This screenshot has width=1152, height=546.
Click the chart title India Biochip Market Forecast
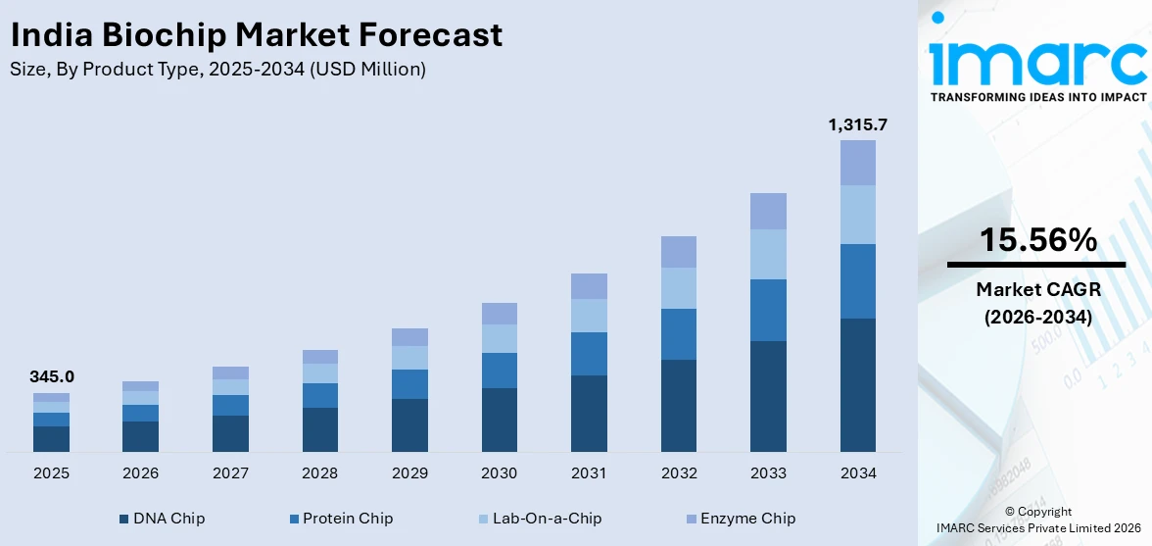pyautogui.click(x=256, y=35)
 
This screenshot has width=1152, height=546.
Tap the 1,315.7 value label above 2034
pyautogui.click(x=858, y=124)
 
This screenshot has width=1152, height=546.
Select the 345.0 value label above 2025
pyautogui.click(x=51, y=376)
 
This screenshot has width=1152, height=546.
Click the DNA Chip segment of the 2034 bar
pyautogui.click(x=858, y=384)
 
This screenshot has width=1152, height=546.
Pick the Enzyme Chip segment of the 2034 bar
pyautogui.click(x=858, y=163)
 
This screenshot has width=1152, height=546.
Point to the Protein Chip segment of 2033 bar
pyautogui.click(x=768, y=310)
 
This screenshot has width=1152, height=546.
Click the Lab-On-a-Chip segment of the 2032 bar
pyautogui.click(x=679, y=288)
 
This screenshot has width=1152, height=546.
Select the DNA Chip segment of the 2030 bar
pyautogui.click(x=499, y=420)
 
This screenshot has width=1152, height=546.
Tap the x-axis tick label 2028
pyautogui.click(x=319, y=473)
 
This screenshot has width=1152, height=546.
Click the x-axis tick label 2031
pyautogui.click(x=589, y=473)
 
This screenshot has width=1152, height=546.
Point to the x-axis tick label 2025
pyautogui.click(x=51, y=473)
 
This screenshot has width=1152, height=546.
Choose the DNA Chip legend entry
pyautogui.click(x=162, y=519)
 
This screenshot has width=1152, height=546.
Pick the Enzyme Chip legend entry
pyautogui.click(x=742, y=519)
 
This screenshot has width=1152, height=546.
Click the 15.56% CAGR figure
pyautogui.click(x=1036, y=239)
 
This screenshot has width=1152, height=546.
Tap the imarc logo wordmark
pyautogui.click(x=1037, y=61)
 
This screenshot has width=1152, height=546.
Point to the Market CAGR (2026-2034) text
pyautogui.click(x=1036, y=303)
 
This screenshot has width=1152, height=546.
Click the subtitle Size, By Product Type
pyautogui.click(x=217, y=70)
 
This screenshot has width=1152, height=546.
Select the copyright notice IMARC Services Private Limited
pyautogui.click(x=1037, y=528)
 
